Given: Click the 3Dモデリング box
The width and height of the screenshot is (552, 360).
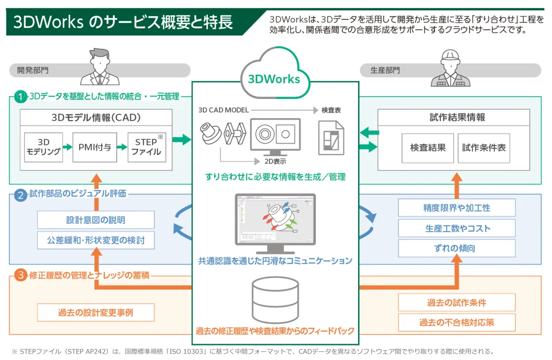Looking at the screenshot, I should (43, 147).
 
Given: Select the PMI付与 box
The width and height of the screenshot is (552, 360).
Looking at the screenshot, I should (95, 147).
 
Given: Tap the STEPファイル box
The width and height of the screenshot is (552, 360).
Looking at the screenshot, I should (146, 147).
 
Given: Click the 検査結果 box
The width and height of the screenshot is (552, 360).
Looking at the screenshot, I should (428, 148).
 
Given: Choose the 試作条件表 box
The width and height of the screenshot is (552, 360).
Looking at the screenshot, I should (484, 148).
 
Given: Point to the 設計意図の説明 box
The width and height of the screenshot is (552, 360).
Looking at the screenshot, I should (96, 220).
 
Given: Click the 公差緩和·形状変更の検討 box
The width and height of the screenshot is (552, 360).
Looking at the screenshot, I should (96, 240).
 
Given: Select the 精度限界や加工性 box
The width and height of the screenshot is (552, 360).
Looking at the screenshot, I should (457, 208).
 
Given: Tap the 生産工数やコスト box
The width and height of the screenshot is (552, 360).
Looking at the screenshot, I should (457, 228).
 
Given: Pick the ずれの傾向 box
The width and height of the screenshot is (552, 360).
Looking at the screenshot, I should (457, 248).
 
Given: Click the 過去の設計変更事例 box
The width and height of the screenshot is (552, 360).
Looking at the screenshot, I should (96, 313).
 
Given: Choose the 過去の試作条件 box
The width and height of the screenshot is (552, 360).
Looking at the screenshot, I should (457, 303).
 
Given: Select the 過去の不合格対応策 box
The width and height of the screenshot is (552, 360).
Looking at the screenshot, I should (457, 322).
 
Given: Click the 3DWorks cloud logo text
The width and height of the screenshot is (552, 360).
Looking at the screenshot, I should (274, 79).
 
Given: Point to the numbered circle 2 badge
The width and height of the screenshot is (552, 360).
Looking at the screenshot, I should (20, 195).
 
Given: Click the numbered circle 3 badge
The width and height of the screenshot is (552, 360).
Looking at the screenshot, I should (20, 276).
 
